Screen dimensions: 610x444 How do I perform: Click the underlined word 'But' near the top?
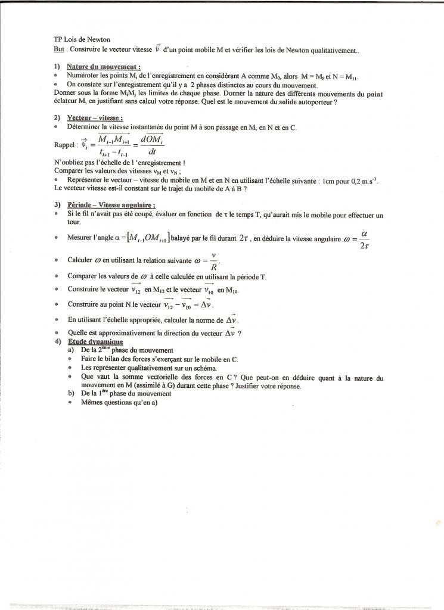(58, 50)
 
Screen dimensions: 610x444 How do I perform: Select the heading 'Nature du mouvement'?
(103, 67)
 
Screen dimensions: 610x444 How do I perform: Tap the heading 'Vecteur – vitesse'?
(91, 118)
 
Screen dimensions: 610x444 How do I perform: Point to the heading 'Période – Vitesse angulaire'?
(107, 205)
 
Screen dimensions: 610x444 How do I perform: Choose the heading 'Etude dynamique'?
(95, 342)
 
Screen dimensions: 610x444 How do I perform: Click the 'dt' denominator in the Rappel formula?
(141, 152)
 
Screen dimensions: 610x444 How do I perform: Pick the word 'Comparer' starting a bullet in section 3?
(82, 276)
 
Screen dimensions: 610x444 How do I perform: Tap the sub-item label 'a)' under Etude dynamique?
(72, 350)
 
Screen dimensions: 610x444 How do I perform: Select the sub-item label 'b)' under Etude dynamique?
(72, 394)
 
